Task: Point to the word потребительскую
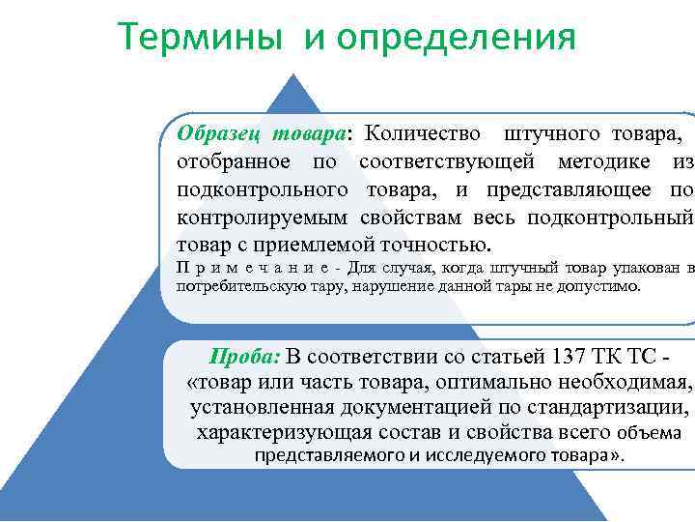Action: tap(235, 286)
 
